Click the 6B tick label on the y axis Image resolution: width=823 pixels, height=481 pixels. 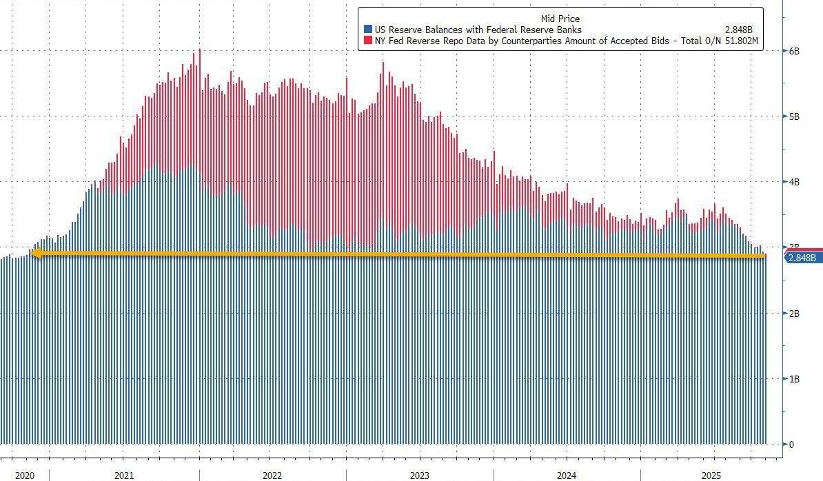pyautogui.click(x=794, y=52)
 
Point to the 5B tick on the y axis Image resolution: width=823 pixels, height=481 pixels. pyautogui.click(x=794, y=117)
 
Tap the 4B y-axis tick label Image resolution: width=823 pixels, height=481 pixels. pyautogui.click(x=794, y=182)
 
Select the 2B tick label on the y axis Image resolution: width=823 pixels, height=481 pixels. pyautogui.click(x=794, y=314)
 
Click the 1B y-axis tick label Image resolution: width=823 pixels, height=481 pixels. pyautogui.click(x=794, y=379)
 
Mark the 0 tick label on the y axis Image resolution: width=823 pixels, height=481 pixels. pyautogui.click(x=792, y=444)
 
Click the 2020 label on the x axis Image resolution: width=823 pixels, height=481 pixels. pyautogui.click(x=24, y=475)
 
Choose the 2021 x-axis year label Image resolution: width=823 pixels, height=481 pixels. pyautogui.click(x=124, y=475)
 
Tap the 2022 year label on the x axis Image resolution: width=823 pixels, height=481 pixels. pyautogui.click(x=272, y=475)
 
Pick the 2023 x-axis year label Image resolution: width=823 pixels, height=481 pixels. pyautogui.click(x=419, y=475)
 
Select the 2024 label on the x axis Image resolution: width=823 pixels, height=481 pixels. pyautogui.click(x=567, y=475)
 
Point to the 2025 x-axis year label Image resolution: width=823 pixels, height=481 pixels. pyautogui.click(x=713, y=475)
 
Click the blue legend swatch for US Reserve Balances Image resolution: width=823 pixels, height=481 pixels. pyautogui.click(x=368, y=30)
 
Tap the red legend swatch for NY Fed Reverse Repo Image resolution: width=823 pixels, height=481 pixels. pyautogui.click(x=368, y=41)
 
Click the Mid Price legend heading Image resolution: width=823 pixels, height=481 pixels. pyautogui.click(x=560, y=19)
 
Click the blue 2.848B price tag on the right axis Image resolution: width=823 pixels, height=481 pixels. pyautogui.click(x=801, y=258)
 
